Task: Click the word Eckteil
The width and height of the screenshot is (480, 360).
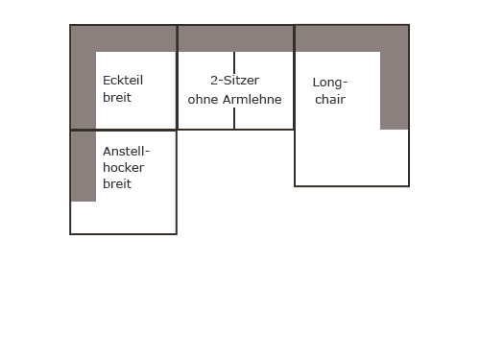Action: [123, 80]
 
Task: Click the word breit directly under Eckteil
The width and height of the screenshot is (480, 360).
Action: [117, 97]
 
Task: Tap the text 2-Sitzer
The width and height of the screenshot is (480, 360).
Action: [234, 80]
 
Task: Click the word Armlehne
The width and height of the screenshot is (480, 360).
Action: [252, 99]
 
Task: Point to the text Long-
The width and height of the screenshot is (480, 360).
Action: [330, 83]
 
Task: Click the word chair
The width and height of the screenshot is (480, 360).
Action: [330, 99]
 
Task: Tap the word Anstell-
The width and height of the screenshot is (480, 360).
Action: [126, 151]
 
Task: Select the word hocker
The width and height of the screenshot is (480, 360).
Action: [124, 167]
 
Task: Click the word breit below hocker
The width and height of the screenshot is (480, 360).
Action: [117, 183]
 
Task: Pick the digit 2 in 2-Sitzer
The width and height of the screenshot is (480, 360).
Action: [214, 80]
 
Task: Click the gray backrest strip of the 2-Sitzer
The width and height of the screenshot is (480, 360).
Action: [235, 38]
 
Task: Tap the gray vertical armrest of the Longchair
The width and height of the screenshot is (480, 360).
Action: [395, 90]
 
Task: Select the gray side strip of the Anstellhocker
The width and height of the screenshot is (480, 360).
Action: [84, 166]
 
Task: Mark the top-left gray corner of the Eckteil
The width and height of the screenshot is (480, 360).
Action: [84, 38]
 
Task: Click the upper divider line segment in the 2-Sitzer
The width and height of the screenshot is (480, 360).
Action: [234, 62]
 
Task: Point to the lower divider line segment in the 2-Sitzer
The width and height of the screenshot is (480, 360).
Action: [234, 118]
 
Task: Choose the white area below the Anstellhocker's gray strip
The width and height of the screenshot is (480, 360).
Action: [124, 218]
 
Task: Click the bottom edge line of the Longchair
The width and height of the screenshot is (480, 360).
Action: [352, 185]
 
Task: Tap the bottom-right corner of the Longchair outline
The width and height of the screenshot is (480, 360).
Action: [409, 186]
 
